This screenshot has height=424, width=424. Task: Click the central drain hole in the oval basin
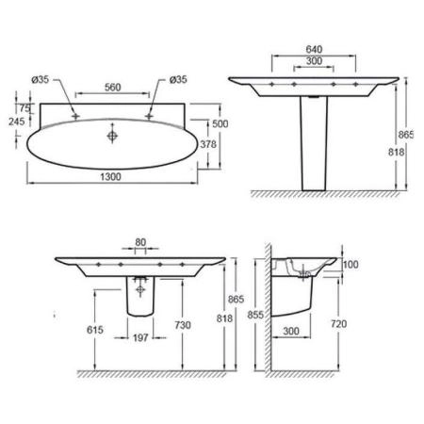pyautogui.click(x=113, y=137)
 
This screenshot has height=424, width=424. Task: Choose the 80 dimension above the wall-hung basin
pyautogui.click(x=140, y=242)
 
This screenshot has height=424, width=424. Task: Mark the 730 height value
pyautogui.click(x=183, y=325)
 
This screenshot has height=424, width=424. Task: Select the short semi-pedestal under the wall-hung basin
pyautogui.click(x=139, y=300)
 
